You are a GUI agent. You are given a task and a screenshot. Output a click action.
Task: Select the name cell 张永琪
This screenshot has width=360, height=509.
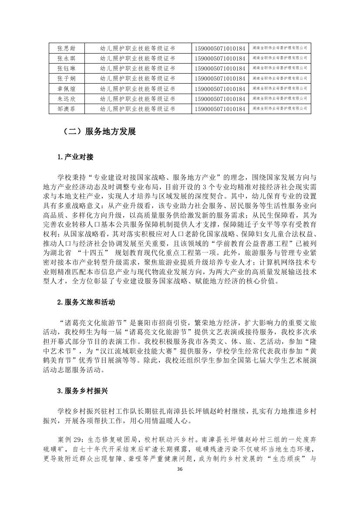tap(66, 57)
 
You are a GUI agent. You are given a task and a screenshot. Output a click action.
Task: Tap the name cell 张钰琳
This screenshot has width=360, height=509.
tap(66, 68)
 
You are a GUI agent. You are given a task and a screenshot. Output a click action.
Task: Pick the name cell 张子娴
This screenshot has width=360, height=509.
tap(66, 78)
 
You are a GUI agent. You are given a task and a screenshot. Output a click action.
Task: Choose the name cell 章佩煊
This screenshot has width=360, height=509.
tap(66, 88)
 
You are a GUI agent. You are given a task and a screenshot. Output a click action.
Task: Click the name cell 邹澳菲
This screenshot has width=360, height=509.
tap(66, 109)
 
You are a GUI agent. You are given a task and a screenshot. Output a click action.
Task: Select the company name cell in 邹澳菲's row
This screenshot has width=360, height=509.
tap(279, 109)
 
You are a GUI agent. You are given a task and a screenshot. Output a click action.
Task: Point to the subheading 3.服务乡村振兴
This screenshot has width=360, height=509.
tap(82, 391)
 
